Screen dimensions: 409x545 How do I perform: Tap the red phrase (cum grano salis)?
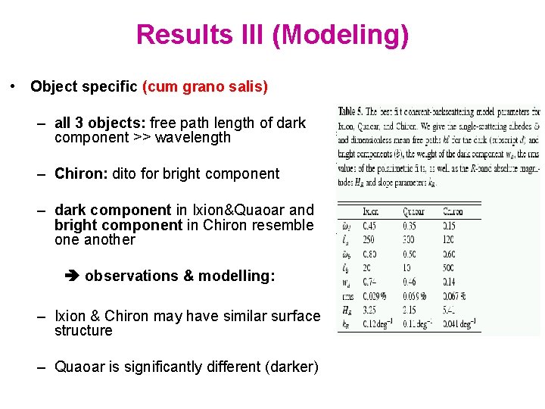click(x=205, y=86)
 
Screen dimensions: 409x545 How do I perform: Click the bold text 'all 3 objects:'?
click(x=101, y=123)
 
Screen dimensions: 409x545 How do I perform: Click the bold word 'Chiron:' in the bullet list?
click(x=82, y=173)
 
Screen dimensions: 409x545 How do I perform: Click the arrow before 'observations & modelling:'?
click(x=73, y=276)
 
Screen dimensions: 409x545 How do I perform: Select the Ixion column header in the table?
click(x=371, y=212)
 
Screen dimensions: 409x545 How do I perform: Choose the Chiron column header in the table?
click(x=453, y=212)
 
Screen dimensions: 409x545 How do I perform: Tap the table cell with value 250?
click(x=370, y=240)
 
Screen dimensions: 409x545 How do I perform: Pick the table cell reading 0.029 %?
click(x=375, y=296)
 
